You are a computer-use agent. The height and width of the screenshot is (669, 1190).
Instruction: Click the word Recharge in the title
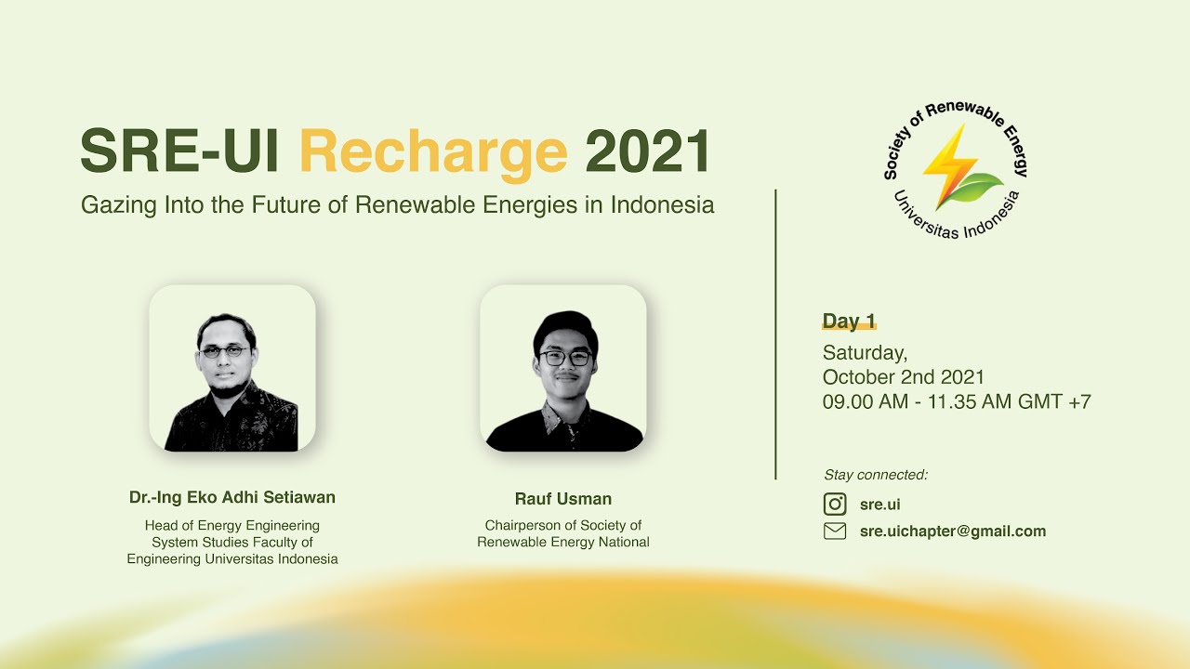pyautogui.click(x=432, y=151)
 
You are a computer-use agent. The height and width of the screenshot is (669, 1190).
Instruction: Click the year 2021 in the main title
pyautogui.click(x=647, y=151)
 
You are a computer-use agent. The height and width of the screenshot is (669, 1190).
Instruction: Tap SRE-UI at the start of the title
pyautogui.click(x=179, y=151)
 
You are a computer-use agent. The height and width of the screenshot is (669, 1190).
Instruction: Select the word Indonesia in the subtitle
pyautogui.click(x=662, y=205)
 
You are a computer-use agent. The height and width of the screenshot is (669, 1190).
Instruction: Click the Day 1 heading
pyautogui.click(x=849, y=321)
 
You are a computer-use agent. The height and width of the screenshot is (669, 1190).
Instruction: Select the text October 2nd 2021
pyautogui.click(x=903, y=377)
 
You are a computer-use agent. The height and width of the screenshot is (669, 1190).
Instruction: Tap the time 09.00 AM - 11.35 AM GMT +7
pyautogui.click(x=957, y=402)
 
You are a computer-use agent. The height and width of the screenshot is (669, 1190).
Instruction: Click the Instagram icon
pyautogui.click(x=835, y=504)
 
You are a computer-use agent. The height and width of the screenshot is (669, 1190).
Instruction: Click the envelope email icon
pyautogui.click(x=835, y=531)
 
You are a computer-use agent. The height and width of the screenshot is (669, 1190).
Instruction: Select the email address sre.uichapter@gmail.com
pyautogui.click(x=953, y=531)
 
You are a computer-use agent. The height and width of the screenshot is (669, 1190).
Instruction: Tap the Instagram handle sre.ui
pyautogui.click(x=879, y=505)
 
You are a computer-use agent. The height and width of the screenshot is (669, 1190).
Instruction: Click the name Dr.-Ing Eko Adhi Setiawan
pyautogui.click(x=232, y=498)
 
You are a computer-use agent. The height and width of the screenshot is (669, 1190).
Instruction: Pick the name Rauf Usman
pyautogui.click(x=563, y=499)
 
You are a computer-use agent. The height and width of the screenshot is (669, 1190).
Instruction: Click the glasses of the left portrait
pyautogui.click(x=224, y=351)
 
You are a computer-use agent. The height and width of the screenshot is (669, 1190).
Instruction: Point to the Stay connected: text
pyautogui.click(x=876, y=475)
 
